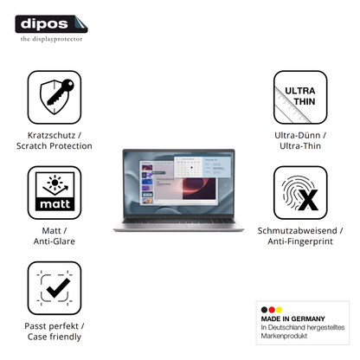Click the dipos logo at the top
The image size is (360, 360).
tap(51, 24)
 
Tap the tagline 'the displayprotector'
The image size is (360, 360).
tap(51, 39)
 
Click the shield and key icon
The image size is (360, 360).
tap(56, 97)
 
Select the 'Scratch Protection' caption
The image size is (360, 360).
tap(55, 146)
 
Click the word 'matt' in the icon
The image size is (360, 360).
tap(55, 204)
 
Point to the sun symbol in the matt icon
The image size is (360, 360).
tap(55, 182)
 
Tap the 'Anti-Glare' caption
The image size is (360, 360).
tap(55, 241)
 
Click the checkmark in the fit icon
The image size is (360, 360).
tap(58, 287)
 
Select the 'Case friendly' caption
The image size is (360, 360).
tap(55, 337)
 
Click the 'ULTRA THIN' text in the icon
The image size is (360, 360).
tap(300, 96)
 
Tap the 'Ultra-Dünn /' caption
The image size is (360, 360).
tap(300, 135)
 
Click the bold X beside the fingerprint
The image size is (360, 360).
tap(308, 200)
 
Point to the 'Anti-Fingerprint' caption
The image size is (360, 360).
tap(300, 241)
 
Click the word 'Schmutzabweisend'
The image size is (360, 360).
tap(298, 231)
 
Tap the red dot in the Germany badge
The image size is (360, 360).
tap(272, 310)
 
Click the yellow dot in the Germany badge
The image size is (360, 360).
tap(279, 310)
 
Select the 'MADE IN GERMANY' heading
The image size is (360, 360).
tap(293, 318)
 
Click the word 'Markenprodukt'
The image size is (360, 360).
tap(284, 336)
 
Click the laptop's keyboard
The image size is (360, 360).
tap(179, 221)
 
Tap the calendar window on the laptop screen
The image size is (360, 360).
tap(188, 167)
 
